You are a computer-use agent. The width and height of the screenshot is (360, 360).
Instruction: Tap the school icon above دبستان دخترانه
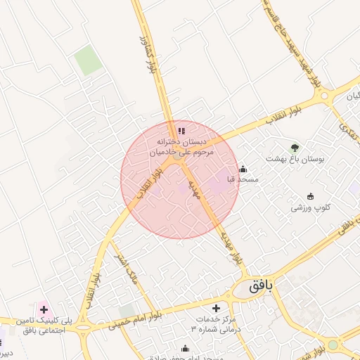[x=181, y=130]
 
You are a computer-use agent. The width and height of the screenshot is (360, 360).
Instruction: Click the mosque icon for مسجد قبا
[x=243, y=169]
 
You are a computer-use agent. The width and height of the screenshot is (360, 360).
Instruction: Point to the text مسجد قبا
[x=243, y=180]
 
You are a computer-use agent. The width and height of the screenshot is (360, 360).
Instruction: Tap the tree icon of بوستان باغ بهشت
[x=295, y=148]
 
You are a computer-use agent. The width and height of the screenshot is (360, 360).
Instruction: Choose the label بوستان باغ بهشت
[x=295, y=159]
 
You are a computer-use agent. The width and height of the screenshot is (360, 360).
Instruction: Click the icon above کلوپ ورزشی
[x=311, y=196]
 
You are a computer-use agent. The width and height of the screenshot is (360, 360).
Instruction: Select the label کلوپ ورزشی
[x=311, y=208]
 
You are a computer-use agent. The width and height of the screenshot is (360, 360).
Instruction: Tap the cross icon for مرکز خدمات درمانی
[x=216, y=308]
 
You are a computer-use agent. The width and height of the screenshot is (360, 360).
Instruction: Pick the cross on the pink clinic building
[x=44, y=309]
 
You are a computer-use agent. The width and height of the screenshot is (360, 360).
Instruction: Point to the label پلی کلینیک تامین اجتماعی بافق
[x=44, y=325]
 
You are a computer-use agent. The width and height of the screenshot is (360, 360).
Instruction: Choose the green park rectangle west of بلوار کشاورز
[x=89, y=60]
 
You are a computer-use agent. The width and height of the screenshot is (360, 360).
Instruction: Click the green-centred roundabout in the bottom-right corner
[x=333, y=345]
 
